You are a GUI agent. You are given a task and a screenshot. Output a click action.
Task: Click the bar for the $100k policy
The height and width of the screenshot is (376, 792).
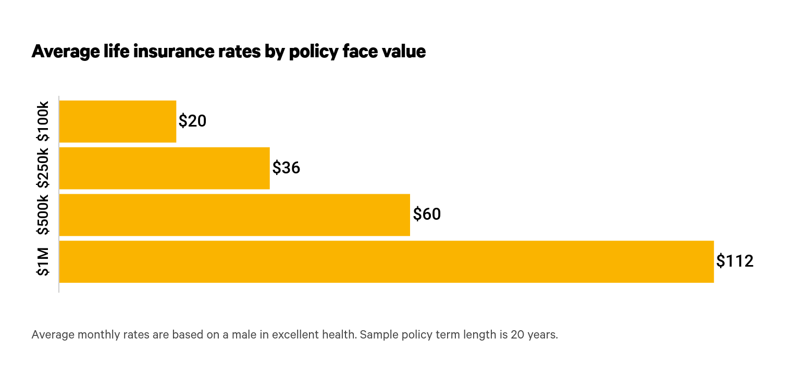(x=118, y=121)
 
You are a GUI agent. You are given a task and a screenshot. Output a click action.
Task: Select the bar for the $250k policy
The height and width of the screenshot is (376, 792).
(x=164, y=168)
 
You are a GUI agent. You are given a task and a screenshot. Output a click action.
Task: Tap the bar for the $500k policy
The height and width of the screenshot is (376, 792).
(x=234, y=215)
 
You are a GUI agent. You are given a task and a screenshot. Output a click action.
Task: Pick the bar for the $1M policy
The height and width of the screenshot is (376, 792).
(x=386, y=262)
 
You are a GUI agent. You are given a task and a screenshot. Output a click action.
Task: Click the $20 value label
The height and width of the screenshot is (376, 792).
(x=192, y=121)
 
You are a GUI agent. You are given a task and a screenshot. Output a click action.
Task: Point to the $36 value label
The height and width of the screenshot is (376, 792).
(x=286, y=168)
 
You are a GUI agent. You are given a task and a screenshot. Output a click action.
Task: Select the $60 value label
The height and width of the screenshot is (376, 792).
(x=427, y=214)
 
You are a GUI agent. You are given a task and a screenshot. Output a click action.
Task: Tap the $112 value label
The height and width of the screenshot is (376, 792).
(x=735, y=261)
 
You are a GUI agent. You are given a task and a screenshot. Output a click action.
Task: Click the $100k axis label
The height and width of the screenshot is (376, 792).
(x=43, y=121)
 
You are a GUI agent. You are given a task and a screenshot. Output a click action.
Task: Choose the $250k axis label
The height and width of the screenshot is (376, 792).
(x=43, y=168)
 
